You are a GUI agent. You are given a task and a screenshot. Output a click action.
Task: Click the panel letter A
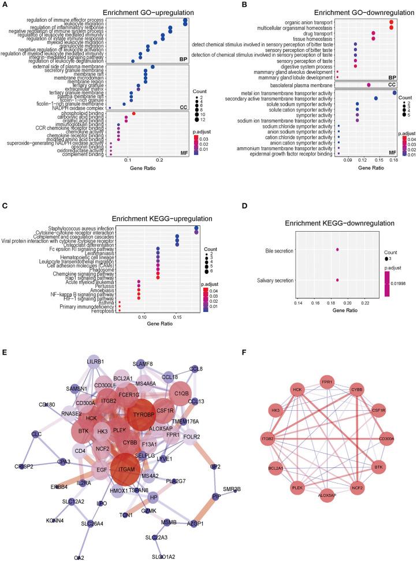tap(5, 5)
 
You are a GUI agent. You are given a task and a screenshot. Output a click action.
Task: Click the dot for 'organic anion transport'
tap(392, 22)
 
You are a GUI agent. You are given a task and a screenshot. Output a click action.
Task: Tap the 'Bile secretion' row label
tap(279, 251)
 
